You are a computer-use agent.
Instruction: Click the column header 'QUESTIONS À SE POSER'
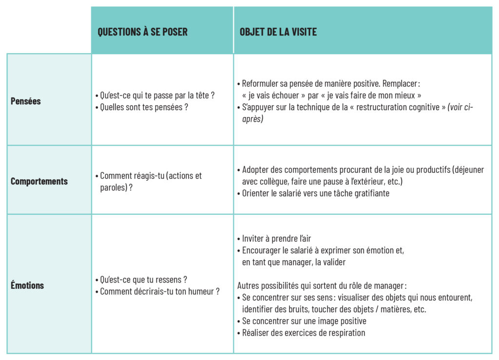[142, 32]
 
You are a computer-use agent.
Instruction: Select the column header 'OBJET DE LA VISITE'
[278, 32]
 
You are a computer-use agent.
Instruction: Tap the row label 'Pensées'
[26, 101]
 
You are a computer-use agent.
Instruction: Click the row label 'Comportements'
[39, 181]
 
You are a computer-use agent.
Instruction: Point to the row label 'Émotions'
[27, 285]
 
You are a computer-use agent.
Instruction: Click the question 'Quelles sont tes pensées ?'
[144, 107]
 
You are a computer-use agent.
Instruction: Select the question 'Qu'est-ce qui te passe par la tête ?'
[157, 95]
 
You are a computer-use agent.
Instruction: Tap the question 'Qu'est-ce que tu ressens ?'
[143, 280]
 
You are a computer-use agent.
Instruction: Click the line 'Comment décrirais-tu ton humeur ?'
[159, 291]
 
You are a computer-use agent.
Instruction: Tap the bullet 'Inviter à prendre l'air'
[276, 239]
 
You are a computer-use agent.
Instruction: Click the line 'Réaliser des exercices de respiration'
[303, 333]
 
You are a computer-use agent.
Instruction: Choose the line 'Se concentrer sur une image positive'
[304, 321]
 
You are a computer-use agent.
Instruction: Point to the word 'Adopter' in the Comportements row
[256, 170]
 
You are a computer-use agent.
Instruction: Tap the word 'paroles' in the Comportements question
[113, 188]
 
